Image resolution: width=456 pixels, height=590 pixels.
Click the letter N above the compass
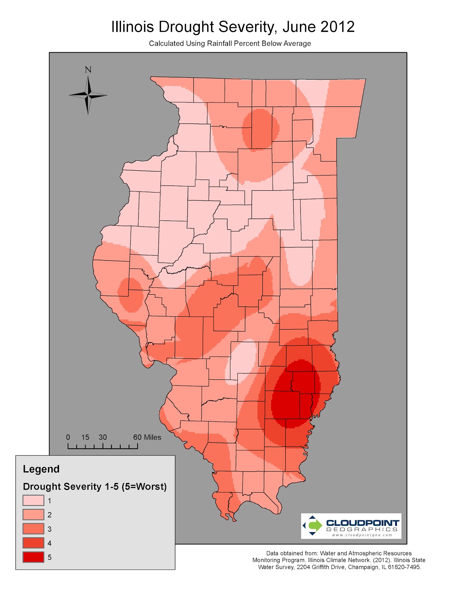[x=88, y=70]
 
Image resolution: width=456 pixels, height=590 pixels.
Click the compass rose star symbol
[x=88, y=96]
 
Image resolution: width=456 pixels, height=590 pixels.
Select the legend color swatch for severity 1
[x=33, y=500]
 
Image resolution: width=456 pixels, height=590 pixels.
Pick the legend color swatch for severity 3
[x=33, y=529]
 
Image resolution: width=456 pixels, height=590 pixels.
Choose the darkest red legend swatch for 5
[x=33, y=557]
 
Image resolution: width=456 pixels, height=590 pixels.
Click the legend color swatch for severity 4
[x=33, y=543]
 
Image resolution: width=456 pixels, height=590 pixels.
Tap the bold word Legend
[x=41, y=469]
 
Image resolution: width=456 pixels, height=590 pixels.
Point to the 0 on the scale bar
[x=68, y=437]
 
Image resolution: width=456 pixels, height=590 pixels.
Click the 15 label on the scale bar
[x=85, y=437]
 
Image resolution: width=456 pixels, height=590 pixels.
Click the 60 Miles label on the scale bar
[x=147, y=437]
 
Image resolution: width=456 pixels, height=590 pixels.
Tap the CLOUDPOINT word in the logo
[x=363, y=523]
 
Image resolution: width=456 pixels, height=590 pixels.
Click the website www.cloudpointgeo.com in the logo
[x=362, y=535]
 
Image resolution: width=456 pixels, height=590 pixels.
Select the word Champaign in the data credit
[x=363, y=567]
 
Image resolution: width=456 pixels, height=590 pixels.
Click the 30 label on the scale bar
[x=103, y=437]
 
